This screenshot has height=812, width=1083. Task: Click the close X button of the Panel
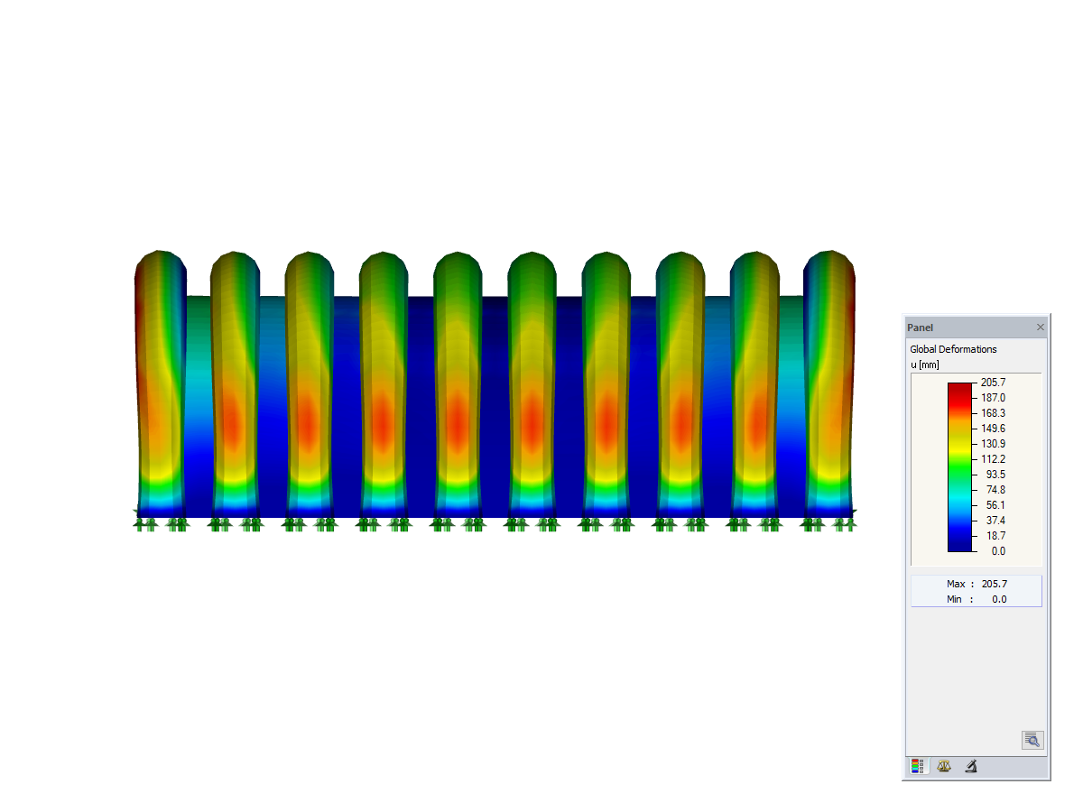coord(1040,328)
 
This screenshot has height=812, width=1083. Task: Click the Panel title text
coord(920,328)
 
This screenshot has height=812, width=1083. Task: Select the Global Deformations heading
coord(953,349)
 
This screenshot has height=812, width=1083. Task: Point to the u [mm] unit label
coord(925,364)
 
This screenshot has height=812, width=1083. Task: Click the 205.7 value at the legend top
coord(993,383)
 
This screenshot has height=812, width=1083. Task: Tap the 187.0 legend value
coord(993,398)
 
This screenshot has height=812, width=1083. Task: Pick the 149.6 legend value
coord(993,429)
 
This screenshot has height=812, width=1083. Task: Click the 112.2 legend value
coord(993,459)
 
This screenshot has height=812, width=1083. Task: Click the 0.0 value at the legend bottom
coord(998,550)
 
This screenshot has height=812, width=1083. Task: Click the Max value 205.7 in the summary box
coord(993,584)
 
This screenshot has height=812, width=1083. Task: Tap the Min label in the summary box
coord(955,599)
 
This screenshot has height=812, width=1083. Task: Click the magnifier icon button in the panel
coord(1032,741)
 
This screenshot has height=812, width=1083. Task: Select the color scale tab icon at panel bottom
coord(917,767)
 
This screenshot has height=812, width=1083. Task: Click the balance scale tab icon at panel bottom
coord(944,767)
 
